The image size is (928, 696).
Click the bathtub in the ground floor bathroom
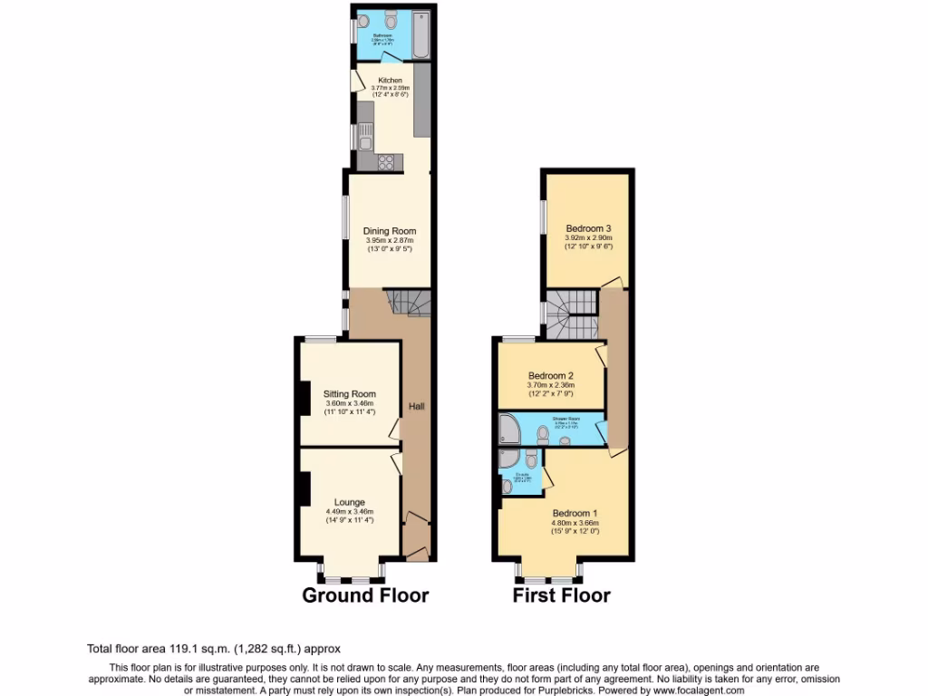[x=421, y=35]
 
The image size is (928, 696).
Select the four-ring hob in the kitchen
[x=385, y=162]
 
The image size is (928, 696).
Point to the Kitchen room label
[x=390, y=80]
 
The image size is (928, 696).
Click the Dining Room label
[x=390, y=231]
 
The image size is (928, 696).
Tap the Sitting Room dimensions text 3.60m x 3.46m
[x=350, y=403]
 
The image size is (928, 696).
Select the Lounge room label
[x=350, y=502]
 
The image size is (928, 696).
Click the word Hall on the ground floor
[x=417, y=406]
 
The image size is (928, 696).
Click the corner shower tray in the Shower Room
[x=508, y=430]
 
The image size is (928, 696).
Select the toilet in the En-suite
[x=506, y=487]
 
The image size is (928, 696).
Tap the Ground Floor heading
[x=365, y=595]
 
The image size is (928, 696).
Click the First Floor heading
[x=562, y=595]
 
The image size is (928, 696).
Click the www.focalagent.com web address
[x=691, y=691]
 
